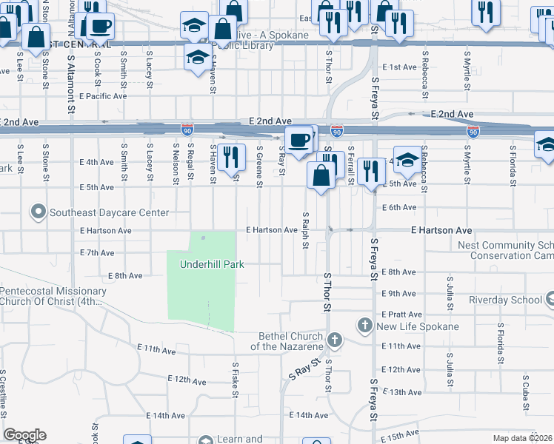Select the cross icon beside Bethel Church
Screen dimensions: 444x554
tap(335, 340)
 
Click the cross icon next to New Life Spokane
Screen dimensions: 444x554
tap(364, 326)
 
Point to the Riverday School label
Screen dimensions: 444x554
tap(505, 300)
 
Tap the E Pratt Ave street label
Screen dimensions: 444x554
tap(402, 314)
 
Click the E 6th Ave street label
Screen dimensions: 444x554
tap(400, 208)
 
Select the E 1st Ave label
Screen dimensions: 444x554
tap(400, 67)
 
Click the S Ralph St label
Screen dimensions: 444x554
tap(304, 230)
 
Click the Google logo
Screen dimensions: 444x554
tap(24, 435)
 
